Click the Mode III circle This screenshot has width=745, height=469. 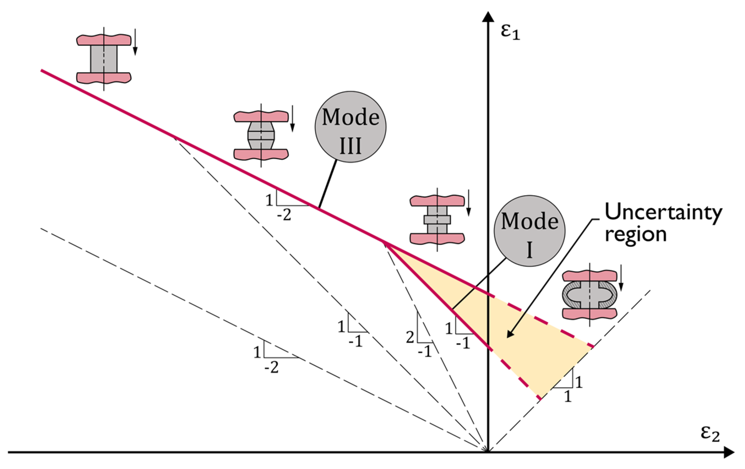coord(350,127)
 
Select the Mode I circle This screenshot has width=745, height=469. coord(529,231)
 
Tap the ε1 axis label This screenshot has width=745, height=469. coord(510,33)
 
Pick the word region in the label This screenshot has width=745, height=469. coord(636,234)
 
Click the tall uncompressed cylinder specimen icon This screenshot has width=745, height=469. coord(104,59)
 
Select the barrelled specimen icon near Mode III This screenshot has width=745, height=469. coord(261,135)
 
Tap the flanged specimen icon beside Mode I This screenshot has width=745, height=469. coord(437,219)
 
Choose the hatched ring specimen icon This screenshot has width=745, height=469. coord(589,295)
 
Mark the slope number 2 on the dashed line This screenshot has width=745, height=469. coord(410,338)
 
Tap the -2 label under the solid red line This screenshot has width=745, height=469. coord(284,215)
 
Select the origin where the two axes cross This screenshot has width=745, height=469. coord(488,452)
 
